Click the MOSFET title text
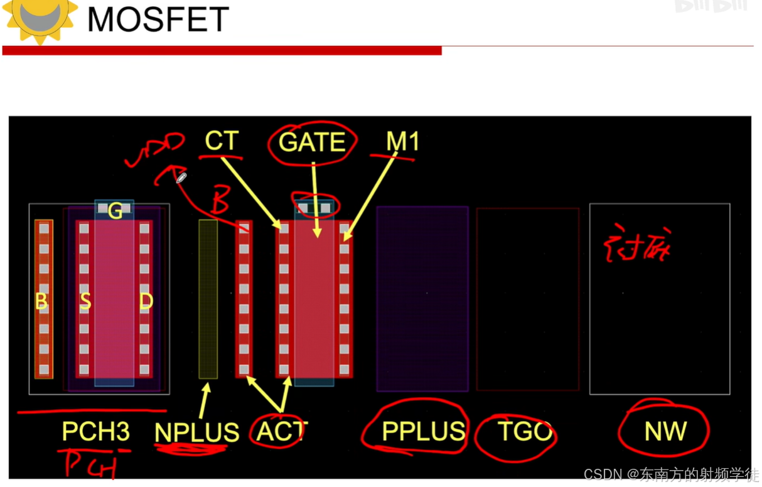[x=158, y=19]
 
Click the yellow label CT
[x=222, y=141]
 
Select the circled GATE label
[x=312, y=142]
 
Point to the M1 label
[x=402, y=142]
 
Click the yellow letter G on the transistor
[x=115, y=212]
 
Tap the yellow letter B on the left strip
[x=41, y=302]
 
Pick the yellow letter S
[x=85, y=302]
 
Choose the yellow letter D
[x=146, y=302]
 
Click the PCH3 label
[x=96, y=431]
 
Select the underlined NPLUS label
[x=197, y=432]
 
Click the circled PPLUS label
[x=423, y=431]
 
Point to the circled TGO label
[x=525, y=431]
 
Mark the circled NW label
[x=665, y=431]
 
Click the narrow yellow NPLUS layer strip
[x=208, y=299]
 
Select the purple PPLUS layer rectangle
[x=422, y=299]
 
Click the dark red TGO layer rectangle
[x=528, y=299]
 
